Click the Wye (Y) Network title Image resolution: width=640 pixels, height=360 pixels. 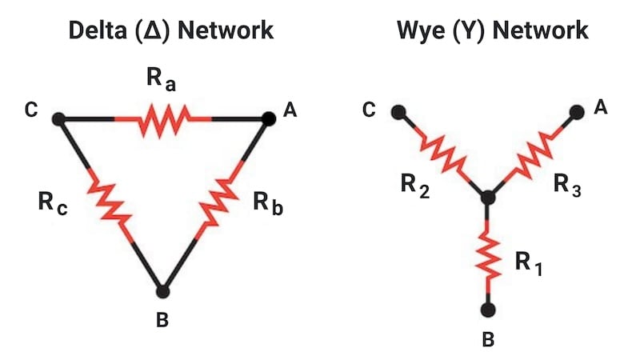tap(493, 31)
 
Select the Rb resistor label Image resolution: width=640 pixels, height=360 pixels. tap(266, 201)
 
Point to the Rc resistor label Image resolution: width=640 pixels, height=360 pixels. tap(53, 201)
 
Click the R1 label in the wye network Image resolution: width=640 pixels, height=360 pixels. tap(528, 263)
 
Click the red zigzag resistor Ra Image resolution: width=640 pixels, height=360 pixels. tap(164, 120)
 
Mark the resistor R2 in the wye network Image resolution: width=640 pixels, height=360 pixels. tap(440, 152)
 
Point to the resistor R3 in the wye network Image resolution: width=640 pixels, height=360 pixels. tap(533, 153)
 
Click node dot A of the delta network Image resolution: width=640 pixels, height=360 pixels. tap(270, 118)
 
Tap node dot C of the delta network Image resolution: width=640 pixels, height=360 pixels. tap(58, 119)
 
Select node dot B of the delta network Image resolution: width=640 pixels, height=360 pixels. tap(162, 291)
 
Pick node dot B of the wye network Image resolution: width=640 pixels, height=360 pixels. tap(488, 309)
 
